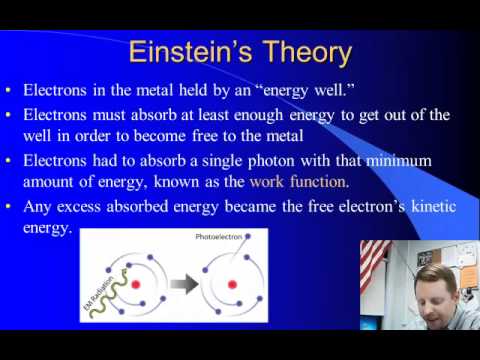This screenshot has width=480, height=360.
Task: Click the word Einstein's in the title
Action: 190,52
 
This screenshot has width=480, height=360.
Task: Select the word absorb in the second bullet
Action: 153,115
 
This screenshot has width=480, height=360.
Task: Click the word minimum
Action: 399,161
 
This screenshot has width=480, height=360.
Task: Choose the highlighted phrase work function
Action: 299,182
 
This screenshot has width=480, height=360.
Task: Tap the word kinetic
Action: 434,206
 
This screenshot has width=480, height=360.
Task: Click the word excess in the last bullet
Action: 79,207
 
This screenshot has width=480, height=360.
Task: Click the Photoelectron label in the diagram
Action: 219,237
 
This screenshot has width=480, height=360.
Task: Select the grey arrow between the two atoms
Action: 184,284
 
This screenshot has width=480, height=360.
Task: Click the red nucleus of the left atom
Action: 136,285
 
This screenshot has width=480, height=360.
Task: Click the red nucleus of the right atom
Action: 232,285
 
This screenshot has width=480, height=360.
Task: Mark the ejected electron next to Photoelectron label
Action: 248,236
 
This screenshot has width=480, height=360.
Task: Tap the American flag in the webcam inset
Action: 374,262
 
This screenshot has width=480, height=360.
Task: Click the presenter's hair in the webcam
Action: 436,278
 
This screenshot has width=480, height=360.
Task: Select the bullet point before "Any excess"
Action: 8,207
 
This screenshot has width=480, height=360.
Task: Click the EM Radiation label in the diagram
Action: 99,293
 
